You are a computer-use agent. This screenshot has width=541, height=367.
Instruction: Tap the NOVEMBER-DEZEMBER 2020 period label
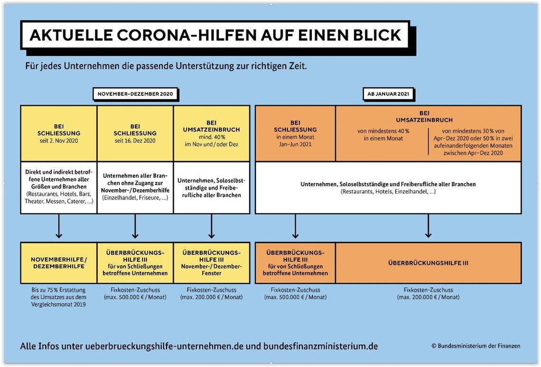click(x=135, y=94)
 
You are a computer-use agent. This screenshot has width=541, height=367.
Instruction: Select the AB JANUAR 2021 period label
click(x=388, y=94)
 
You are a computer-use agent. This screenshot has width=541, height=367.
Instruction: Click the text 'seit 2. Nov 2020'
click(x=59, y=141)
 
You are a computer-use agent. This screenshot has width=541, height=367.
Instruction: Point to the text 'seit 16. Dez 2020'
click(x=135, y=141)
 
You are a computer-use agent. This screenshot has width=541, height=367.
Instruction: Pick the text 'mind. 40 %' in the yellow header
click(x=212, y=137)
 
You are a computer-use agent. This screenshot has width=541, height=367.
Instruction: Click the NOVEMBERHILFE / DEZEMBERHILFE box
click(x=59, y=263)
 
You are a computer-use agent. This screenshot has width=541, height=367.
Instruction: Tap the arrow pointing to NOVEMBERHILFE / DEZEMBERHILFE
click(x=59, y=226)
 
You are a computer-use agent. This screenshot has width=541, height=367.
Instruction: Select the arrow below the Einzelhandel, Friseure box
click(x=135, y=226)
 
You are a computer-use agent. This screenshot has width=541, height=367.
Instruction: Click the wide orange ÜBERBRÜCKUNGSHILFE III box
click(x=428, y=263)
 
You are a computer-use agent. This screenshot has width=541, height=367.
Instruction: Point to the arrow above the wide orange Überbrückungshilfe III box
click(x=428, y=226)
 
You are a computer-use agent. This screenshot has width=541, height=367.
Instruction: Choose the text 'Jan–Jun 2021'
click(x=295, y=144)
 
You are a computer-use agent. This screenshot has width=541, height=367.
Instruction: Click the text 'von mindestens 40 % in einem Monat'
click(x=383, y=135)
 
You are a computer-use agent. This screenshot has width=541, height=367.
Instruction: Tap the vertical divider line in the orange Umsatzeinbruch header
click(x=428, y=141)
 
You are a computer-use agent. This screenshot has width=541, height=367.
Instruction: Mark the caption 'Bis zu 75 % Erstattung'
click(x=59, y=290)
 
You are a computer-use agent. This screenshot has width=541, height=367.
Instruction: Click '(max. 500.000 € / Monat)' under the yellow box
click(x=135, y=297)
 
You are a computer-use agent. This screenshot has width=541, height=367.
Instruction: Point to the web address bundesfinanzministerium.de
click(x=320, y=346)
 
